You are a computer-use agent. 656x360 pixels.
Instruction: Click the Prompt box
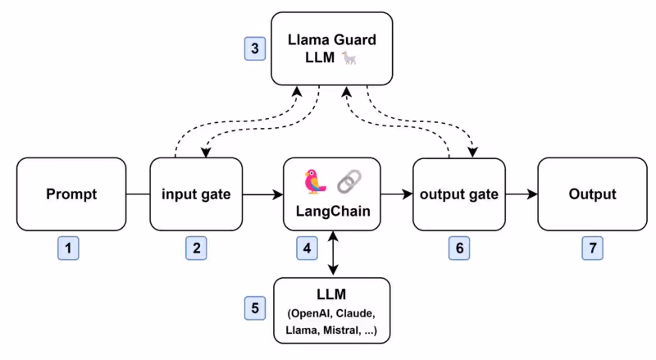71,194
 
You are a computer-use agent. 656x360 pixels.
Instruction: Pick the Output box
592,194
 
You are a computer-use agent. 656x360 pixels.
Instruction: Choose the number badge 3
256,48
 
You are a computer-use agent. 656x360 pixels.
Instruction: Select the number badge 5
256,308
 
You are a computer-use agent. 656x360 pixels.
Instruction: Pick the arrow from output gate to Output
522,194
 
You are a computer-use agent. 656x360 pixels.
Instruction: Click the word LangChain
331,212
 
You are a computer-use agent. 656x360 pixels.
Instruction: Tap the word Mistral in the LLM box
340,332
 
